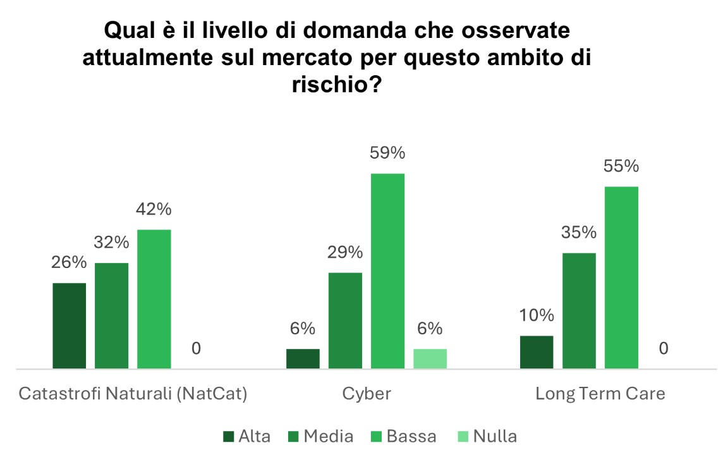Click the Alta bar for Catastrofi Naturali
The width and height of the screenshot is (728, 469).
point(70,326)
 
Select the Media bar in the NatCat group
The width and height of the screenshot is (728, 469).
point(112,315)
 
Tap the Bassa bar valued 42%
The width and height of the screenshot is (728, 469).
point(154,298)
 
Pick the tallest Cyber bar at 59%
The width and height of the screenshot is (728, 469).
point(387,271)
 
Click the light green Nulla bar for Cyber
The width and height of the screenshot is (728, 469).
point(430,358)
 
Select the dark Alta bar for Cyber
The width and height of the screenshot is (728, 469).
point(303,358)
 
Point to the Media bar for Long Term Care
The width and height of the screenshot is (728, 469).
point(579,310)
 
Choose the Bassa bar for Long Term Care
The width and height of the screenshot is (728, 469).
point(621,277)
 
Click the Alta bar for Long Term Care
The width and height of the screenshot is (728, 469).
point(537,352)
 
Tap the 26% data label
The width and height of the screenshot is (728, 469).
point(69,262)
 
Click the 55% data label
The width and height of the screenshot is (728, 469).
point(621,166)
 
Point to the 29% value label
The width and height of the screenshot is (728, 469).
point(345,252)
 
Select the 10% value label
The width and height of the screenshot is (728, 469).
point(537,315)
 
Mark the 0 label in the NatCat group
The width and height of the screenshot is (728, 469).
point(196,348)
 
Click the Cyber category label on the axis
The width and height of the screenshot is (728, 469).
point(367,394)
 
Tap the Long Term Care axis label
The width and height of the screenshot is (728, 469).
point(600,394)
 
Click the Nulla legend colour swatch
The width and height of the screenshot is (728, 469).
point(461,437)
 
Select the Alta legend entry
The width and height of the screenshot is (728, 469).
point(247,436)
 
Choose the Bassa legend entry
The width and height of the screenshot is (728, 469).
point(404,436)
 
